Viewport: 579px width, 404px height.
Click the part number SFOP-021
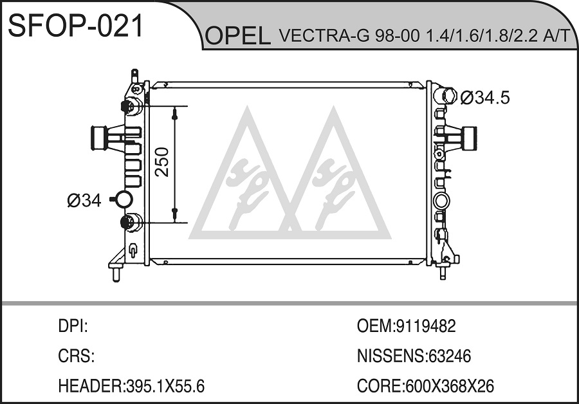(x=75, y=26)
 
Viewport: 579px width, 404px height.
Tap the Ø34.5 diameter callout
(x=486, y=98)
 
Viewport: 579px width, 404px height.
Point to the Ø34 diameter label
(x=84, y=201)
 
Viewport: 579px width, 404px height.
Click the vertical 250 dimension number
(x=162, y=162)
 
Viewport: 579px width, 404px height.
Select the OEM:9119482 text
(x=406, y=326)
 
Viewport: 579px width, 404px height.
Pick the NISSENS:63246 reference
(x=414, y=356)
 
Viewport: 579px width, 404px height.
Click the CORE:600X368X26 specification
(x=425, y=386)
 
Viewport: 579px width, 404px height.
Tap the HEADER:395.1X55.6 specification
(x=131, y=386)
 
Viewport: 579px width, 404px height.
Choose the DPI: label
(x=73, y=326)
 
